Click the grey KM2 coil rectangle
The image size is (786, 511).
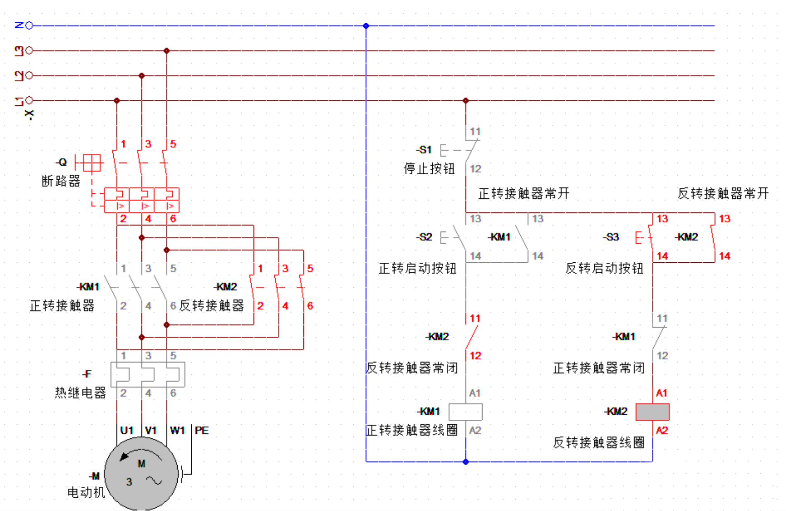click(652, 412)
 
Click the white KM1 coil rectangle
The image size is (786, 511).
click(465, 412)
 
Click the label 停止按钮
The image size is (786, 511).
click(429, 169)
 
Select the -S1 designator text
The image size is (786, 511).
click(424, 150)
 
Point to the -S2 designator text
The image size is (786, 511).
click(424, 237)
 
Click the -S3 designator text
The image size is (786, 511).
click(611, 237)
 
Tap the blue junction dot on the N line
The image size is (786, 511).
click(366, 26)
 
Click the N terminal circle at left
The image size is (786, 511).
click(29, 26)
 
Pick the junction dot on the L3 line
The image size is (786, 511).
click(167, 51)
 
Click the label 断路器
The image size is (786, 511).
click(61, 181)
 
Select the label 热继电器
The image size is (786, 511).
click(80, 392)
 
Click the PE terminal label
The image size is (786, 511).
click(202, 430)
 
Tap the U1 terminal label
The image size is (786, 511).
click(126, 430)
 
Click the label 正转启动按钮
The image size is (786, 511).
click(417, 269)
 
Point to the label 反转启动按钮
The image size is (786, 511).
click(604, 269)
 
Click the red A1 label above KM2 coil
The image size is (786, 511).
click(662, 393)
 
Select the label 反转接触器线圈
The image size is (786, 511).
click(599, 442)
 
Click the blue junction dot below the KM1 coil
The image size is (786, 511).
click(466, 462)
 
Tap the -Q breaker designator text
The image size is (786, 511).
click(62, 162)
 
